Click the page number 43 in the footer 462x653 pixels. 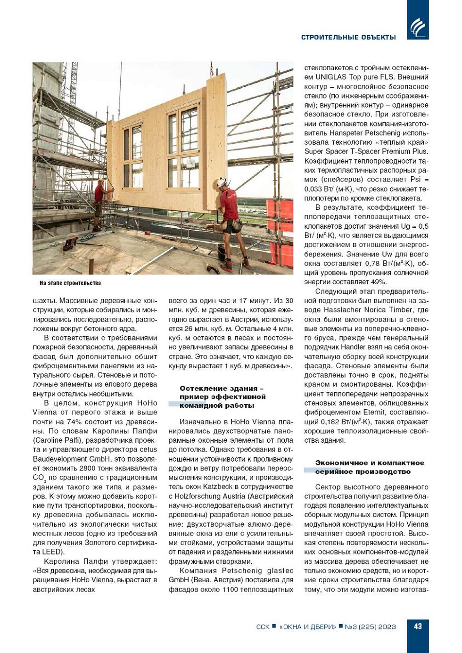pos(418,626)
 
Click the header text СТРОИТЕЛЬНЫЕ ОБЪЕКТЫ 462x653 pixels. pos(348,37)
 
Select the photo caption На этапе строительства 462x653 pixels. pos(70,283)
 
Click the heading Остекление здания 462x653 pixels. pos(218,388)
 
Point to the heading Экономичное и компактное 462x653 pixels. pos(370,463)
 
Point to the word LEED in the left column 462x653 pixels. pos(53,552)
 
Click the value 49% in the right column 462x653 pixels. pos(378,282)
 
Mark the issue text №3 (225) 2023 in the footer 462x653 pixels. pos(370,627)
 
